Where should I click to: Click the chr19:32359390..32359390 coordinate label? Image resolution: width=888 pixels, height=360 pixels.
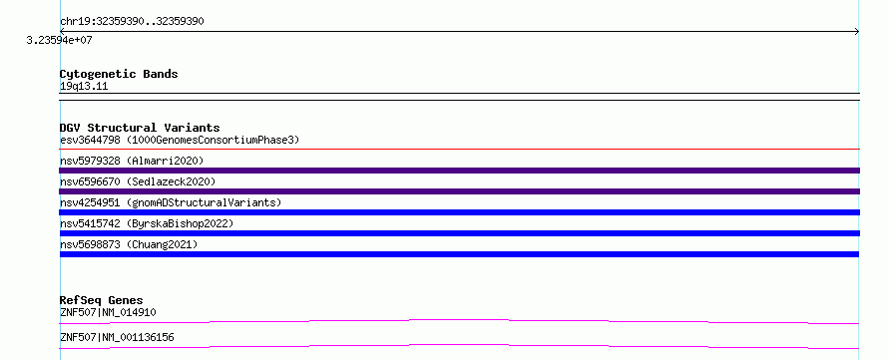click(x=132, y=22)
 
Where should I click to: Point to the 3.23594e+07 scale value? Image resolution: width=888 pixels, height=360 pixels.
click(x=59, y=41)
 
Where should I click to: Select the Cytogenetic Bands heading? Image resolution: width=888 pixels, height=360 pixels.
click(x=119, y=74)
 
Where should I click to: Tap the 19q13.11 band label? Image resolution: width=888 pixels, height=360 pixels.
click(x=84, y=87)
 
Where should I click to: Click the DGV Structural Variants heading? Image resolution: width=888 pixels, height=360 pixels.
click(x=140, y=128)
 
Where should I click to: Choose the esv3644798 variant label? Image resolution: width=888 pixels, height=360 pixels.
click(x=90, y=140)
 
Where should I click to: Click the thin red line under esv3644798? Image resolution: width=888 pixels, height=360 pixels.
click(x=459, y=150)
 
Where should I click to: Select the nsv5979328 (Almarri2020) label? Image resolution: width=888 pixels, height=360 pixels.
click(x=132, y=161)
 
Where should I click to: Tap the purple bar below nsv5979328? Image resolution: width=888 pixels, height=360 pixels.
click(x=459, y=171)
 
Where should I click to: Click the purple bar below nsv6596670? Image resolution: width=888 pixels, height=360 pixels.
click(x=459, y=191)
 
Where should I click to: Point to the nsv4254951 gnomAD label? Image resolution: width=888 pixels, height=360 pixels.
click(x=171, y=202)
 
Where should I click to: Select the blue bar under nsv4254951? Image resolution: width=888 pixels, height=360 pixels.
click(x=459, y=212)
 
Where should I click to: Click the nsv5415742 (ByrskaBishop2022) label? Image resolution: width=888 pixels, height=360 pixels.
click(x=147, y=223)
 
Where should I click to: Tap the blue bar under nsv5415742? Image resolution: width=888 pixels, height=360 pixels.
click(x=459, y=233)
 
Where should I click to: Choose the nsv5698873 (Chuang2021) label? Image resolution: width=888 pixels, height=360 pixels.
click(x=129, y=244)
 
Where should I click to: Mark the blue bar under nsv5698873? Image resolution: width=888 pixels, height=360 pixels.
click(x=459, y=254)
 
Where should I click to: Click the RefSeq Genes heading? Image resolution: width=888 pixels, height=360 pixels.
click(x=102, y=300)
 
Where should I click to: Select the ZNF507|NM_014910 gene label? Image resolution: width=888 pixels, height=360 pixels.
click(x=108, y=312)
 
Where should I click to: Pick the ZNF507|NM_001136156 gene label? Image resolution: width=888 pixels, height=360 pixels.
click(x=117, y=338)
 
